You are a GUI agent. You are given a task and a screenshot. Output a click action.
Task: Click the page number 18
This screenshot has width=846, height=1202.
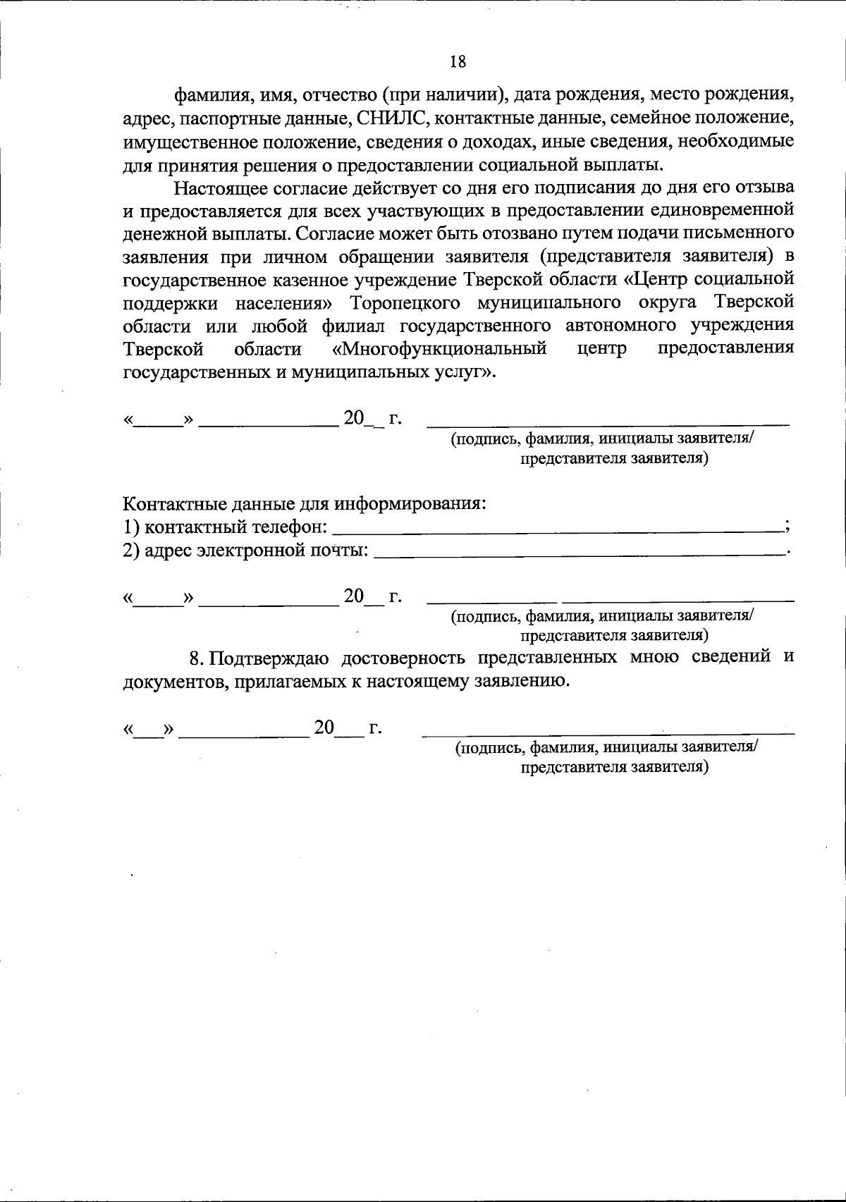[458, 62]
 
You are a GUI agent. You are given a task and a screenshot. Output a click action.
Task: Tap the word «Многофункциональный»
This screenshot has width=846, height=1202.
[439, 349]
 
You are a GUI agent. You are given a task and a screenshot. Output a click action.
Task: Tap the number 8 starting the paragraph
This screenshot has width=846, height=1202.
[197, 658]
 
